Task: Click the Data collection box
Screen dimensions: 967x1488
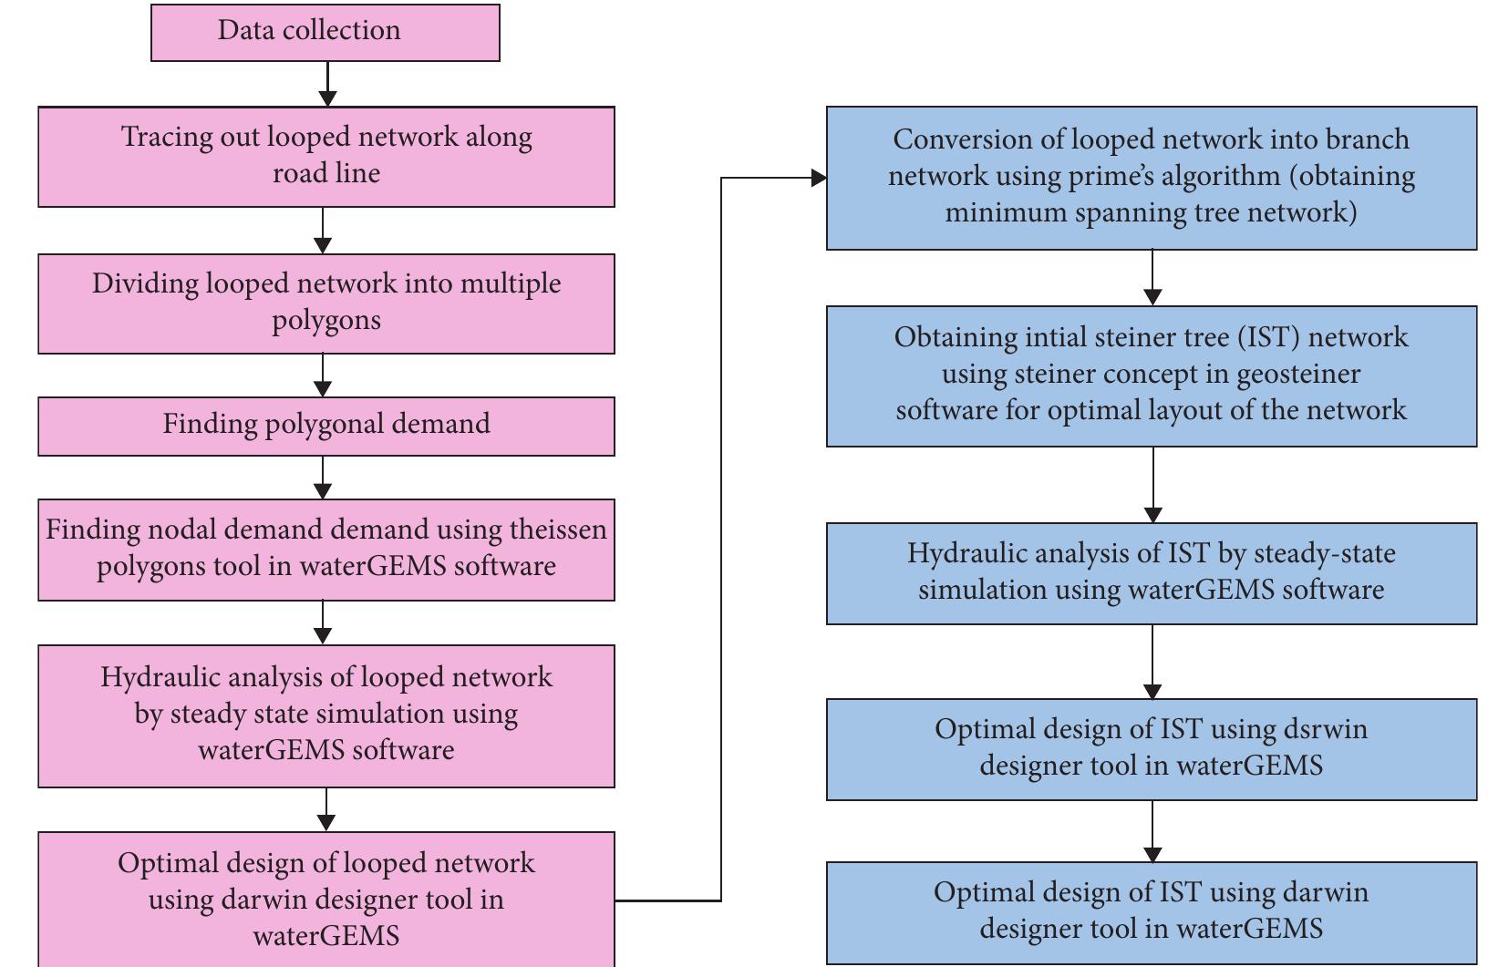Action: tap(325, 32)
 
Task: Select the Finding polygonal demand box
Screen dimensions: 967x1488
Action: tap(325, 425)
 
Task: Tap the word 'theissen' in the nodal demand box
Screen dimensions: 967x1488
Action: tap(558, 530)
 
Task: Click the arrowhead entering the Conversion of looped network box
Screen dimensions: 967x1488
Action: tap(819, 178)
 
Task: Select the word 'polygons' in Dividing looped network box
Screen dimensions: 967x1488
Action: tap(325, 321)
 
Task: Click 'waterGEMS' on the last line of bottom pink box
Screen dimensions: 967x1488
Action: tap(325, 936)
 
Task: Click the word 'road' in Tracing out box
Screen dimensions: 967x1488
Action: tap(296, 173)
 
